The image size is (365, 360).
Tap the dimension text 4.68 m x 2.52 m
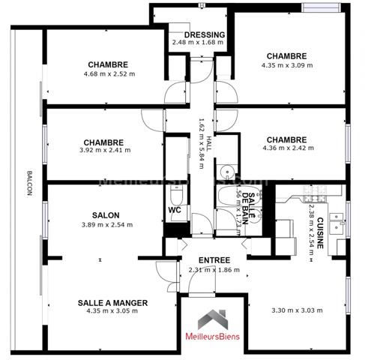click(x=109, y=73)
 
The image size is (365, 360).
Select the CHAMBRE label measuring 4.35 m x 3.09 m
click(x=286, y=56)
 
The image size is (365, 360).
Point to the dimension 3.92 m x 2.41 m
click(x=103, y=150)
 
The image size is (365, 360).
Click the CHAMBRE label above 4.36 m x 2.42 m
click(x=286, y=139)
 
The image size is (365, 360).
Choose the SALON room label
click(x=106, y=215)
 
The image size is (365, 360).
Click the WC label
click(x=175, y=211)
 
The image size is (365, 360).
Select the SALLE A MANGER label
click(x=112, y=302)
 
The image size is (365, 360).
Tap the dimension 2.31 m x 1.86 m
click(x=214, y=270)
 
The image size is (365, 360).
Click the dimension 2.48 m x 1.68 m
click(x=199, y=42)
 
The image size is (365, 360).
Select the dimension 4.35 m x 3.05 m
click(x=112, y=311)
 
